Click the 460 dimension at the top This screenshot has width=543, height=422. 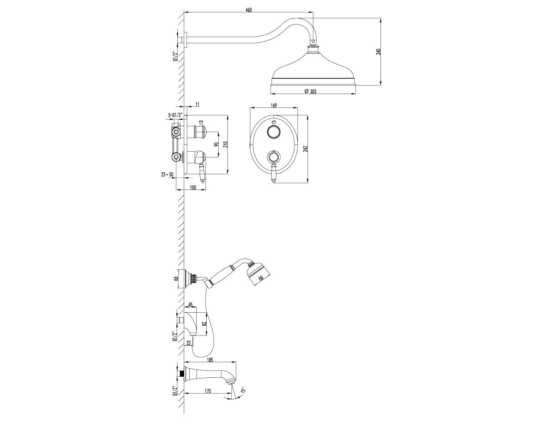248,10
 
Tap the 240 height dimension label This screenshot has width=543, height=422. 378,51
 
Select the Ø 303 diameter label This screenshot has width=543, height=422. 310,91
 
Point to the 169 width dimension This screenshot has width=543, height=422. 274,105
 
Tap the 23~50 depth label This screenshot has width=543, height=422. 167,174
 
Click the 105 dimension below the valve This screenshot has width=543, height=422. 193,187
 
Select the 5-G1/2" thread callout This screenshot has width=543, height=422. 176,115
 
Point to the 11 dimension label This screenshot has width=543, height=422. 197,104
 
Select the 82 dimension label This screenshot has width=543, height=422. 204,324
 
